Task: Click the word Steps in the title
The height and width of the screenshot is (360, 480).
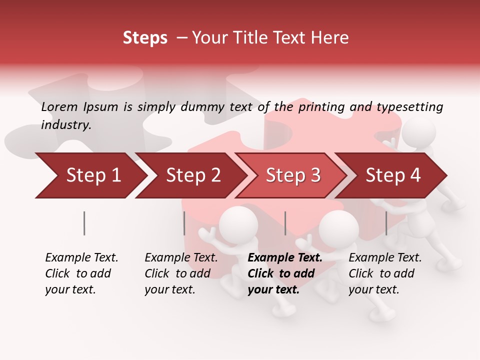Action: pyautogui.click(x=145, y=38)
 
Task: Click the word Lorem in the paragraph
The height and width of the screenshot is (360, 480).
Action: pyautogui.click(x=59, y=106)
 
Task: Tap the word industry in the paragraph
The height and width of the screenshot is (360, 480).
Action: pyautogui.click(x=66, y=124)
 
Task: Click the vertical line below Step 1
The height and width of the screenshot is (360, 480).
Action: pyautogui.click(x=84, y=223)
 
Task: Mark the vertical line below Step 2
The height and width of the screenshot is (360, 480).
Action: pyautogui.click(x=184, y=223)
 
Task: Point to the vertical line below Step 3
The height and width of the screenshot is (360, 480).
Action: pyautogui.click(x=285, y=223)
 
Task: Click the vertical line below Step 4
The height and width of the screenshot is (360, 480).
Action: pyautogui.click(x=386, y=223)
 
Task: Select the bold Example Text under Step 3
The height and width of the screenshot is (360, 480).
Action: pyautogui.click(x=285, y=258)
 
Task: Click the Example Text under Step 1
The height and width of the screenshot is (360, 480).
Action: pyautogui.click(x=81, y=258)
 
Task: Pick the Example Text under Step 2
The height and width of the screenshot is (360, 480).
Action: pyautogui.click(x=181, y=258)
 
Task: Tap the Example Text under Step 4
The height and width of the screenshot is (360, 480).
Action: pyautogui.click(x=385, y=258)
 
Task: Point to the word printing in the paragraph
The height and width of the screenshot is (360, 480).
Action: pyautogui.click(x=321, y=106)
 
